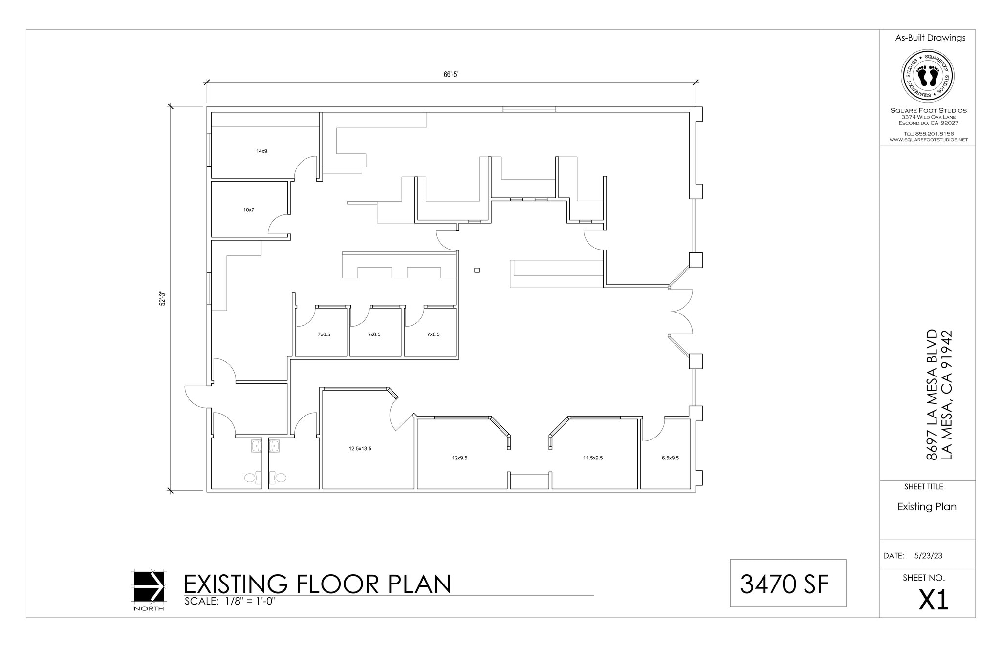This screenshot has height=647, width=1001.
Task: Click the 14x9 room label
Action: pos(261,151)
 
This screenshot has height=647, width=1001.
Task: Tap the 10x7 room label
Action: pos(249,210)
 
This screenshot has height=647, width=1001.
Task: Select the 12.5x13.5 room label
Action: pos(360,448)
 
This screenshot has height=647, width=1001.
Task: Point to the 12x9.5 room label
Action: pos(459,458)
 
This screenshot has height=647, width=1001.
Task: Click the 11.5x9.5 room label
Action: pos(592,458)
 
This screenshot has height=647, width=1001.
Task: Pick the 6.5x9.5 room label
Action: pos(670,458)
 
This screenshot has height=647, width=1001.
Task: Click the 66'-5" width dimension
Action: pos(451,75)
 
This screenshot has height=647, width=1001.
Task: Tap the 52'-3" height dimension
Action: pos(163,299)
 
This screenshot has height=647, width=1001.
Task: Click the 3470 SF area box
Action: pos(787,584)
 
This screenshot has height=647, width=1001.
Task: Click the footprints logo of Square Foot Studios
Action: pos(927,77)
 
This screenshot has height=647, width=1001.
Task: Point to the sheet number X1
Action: pos(934,600)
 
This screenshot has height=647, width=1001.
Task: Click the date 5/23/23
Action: pos(928,556)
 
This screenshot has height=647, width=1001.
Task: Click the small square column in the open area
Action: pos(477,270)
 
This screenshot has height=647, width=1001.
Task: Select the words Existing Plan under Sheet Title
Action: pos(927,507)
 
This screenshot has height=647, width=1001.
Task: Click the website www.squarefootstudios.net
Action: pos(928,140)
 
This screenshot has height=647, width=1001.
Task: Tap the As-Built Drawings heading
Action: pos(930,38)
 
